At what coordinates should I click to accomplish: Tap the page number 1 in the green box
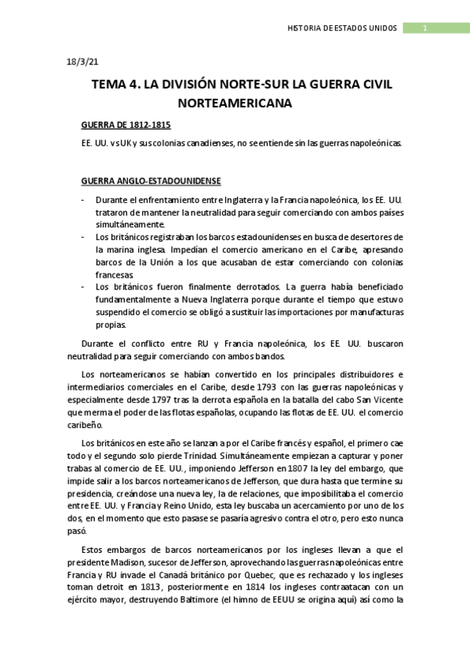tap(424, 29)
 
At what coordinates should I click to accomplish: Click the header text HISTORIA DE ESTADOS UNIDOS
tap(344, 29)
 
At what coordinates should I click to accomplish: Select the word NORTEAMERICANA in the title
tap(235, 102)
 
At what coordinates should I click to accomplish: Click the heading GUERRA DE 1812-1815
tap(126, 125)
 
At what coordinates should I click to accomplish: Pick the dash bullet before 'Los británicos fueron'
tap(84, 286)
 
